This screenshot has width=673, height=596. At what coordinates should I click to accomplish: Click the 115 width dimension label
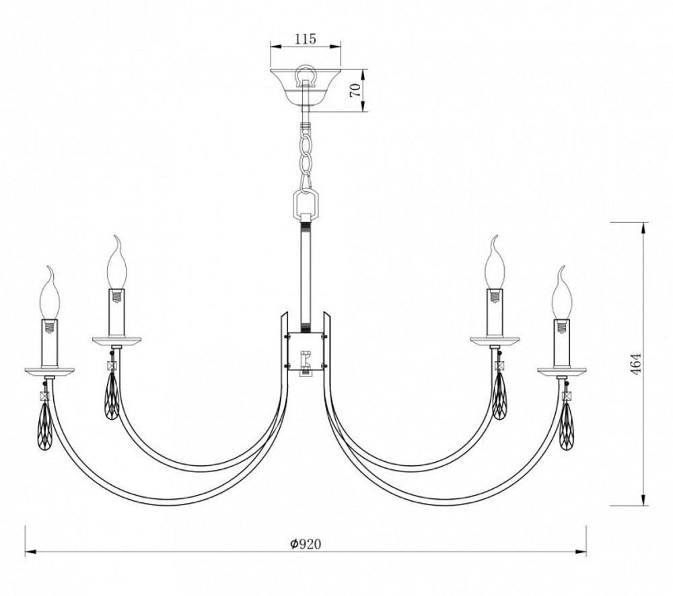pos(305,39)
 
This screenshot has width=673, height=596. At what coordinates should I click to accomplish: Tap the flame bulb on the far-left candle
pos(50,294)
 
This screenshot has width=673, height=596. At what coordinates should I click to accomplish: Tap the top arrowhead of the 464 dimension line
pos(644,226)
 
